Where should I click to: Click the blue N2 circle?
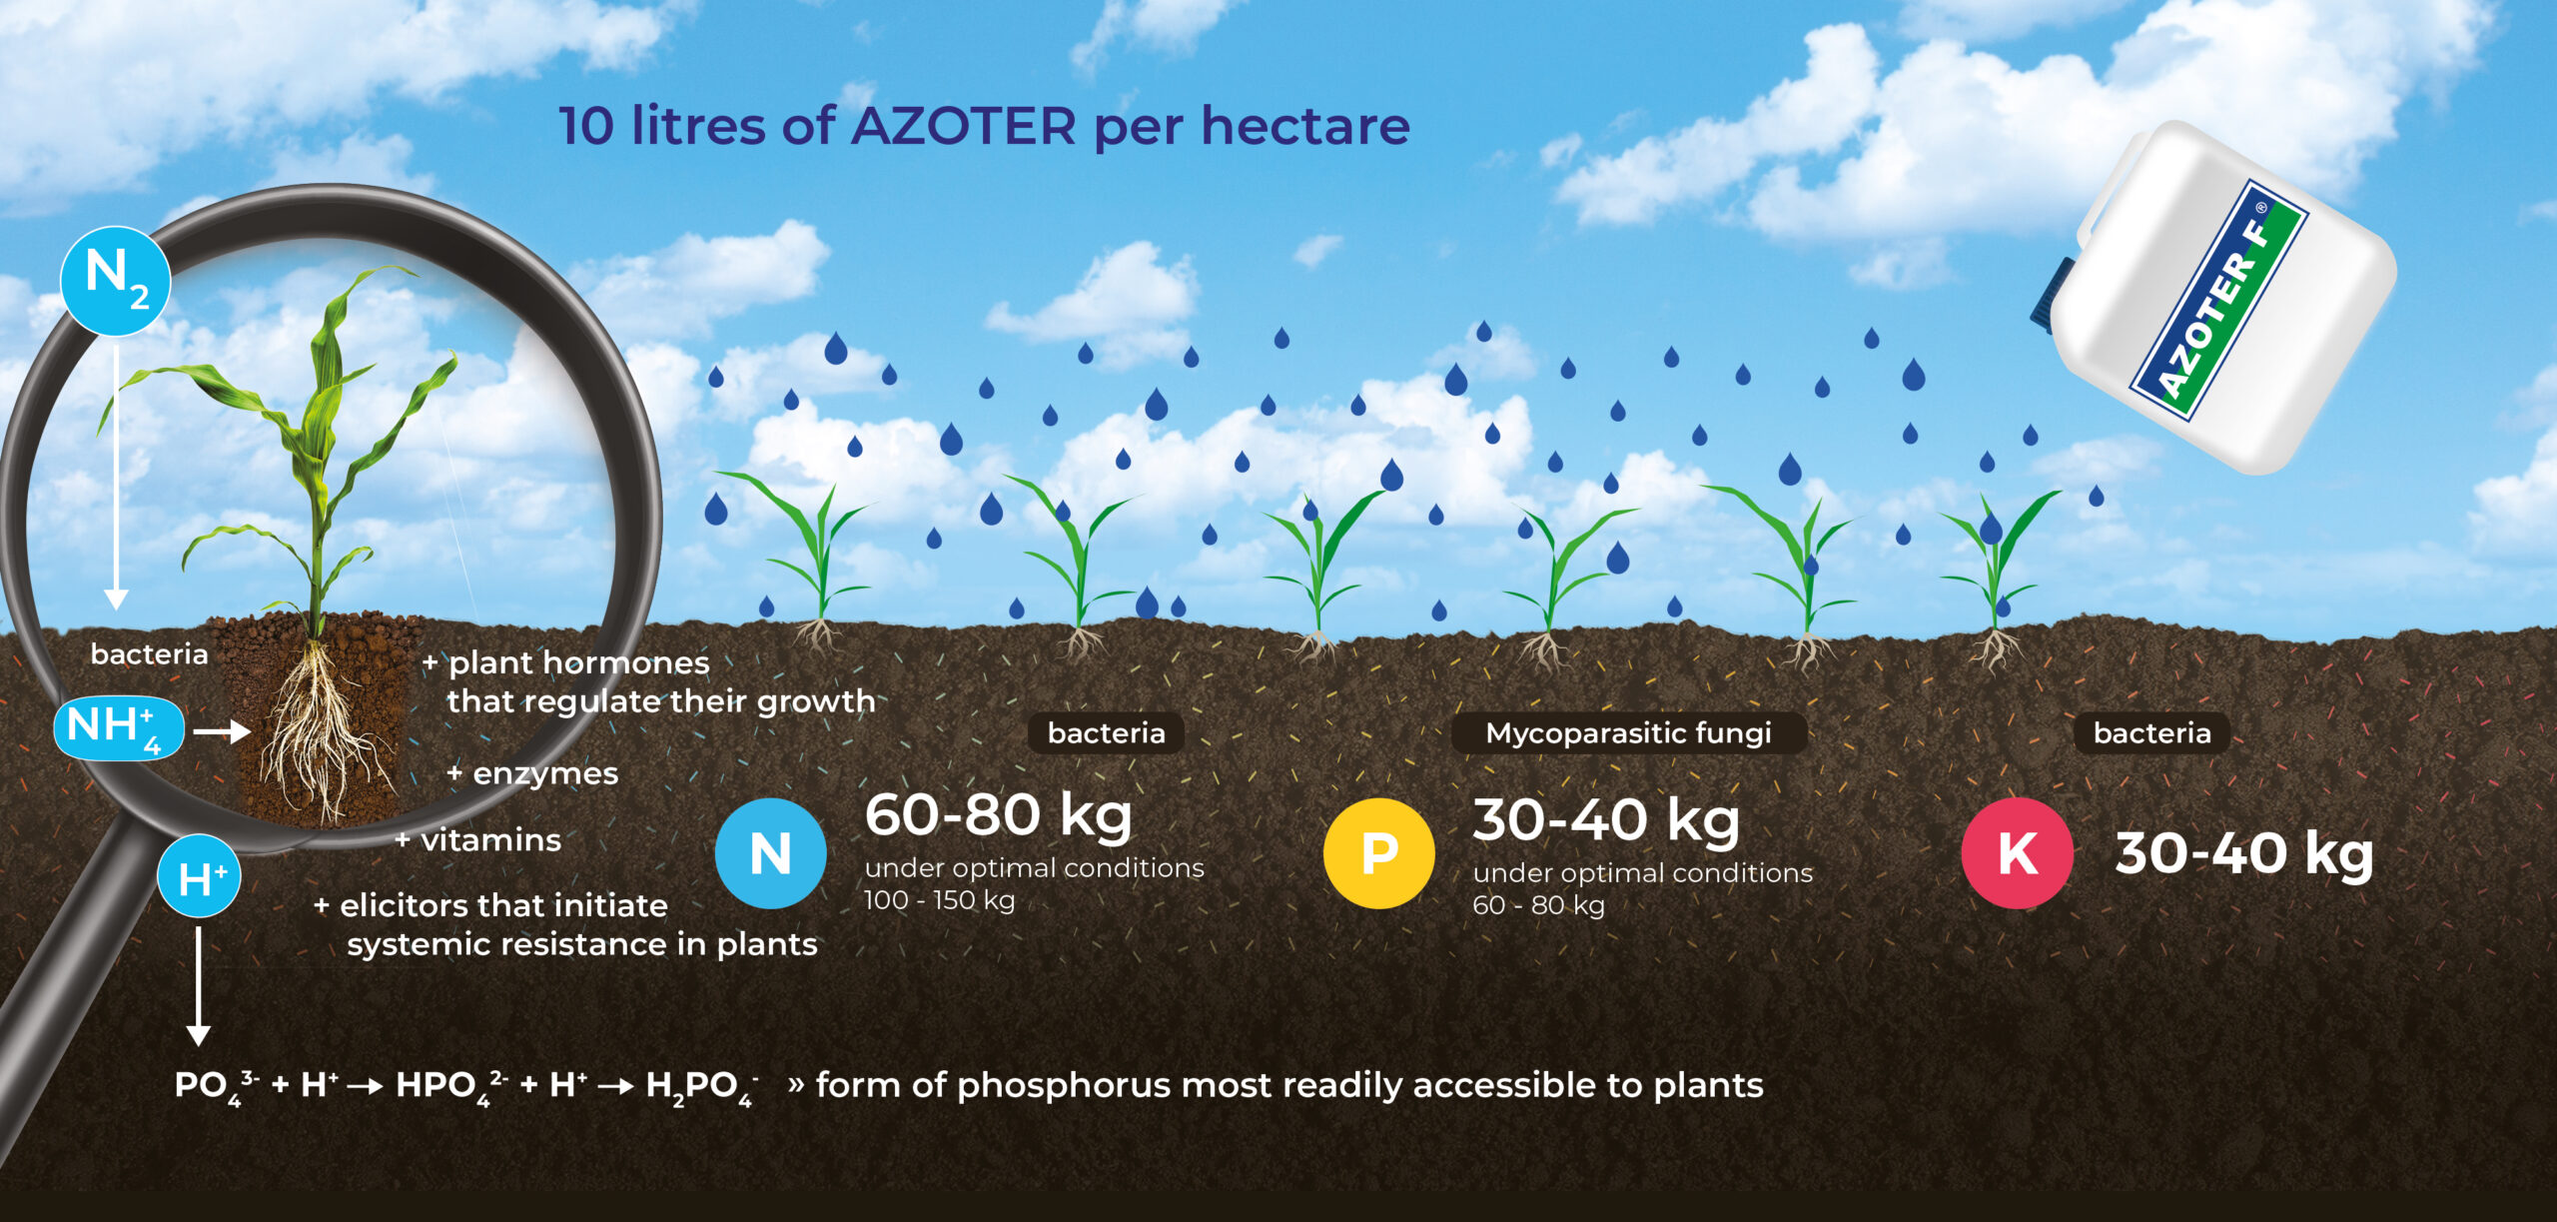116,281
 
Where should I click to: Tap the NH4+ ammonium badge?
119,728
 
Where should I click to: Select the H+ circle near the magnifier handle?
199,876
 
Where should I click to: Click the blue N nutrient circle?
770,853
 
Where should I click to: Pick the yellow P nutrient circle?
1379,853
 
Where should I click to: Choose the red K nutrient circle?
2018,853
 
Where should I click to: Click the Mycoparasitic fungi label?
1629,733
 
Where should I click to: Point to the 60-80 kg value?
999,815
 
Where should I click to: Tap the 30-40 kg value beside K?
2244,853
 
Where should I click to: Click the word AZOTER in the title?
964,126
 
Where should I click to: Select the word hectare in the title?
1305,126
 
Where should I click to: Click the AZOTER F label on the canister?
2218,301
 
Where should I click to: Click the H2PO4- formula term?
702,1087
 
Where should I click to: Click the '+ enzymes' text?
532,774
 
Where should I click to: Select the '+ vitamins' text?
478,839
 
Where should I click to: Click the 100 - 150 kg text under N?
940,900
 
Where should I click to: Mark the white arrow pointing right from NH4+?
222,732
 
